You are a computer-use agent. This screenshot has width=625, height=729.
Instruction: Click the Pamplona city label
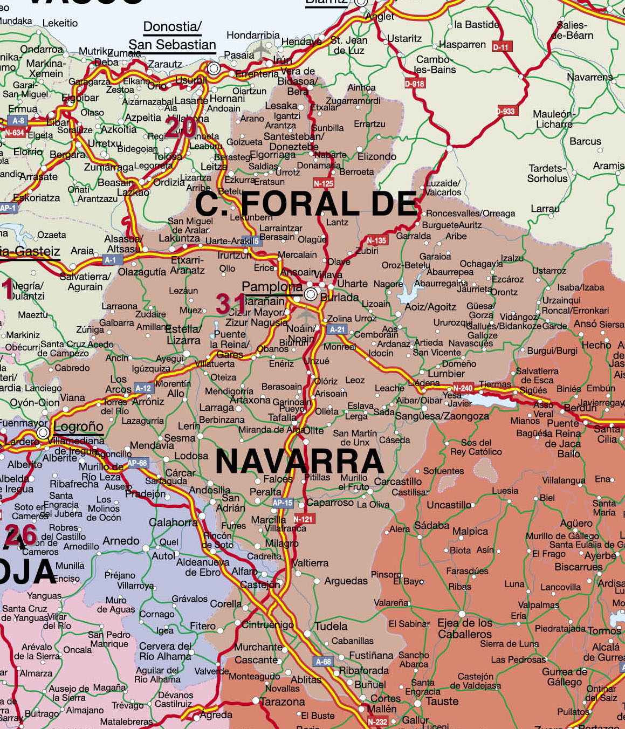point(272,287)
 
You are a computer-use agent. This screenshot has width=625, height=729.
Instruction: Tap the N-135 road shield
point(376,240)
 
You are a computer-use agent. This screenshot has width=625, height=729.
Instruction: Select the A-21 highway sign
point(337,329)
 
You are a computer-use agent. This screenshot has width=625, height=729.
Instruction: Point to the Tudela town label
point(331,626)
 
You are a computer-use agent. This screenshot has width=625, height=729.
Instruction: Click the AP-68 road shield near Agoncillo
point(137,463)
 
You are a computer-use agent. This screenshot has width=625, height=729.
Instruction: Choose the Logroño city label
point(78,427)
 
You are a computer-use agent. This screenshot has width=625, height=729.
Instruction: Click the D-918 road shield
point(415,84)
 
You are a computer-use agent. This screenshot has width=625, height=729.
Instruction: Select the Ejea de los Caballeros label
point(465,629)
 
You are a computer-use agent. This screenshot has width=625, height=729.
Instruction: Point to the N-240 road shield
point(463,388)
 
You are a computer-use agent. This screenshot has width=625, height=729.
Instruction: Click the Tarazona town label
point(282,702)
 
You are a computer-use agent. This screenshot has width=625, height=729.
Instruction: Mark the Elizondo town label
point(376,156)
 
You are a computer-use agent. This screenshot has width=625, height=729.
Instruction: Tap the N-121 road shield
point(303,519)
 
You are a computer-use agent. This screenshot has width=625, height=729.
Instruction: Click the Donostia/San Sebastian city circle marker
point(214,68)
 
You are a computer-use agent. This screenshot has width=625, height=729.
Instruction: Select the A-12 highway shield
point(143,388)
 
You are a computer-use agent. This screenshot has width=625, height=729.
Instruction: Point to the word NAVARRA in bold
point(299,462)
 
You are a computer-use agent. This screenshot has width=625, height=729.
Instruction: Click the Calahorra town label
point(173,522)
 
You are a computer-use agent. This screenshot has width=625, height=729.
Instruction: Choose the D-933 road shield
point(506,111)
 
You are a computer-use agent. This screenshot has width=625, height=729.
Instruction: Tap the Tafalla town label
point(282,417)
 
